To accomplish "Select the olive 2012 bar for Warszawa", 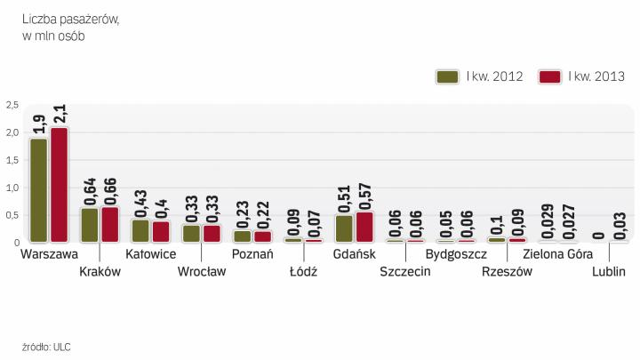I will (38, 190).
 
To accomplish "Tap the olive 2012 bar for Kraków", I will (90, 225).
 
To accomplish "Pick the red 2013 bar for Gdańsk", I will (364, 227).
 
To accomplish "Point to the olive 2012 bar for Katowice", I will (140, 231).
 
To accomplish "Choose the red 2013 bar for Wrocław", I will (212, 233).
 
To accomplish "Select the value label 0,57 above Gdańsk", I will (364, 192).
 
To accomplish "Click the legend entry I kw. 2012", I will (480, 76).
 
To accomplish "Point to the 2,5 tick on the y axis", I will (12, 105).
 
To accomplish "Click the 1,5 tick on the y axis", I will (12, 160).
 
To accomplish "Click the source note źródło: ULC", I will (45, 346).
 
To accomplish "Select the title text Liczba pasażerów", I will (71, 20).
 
